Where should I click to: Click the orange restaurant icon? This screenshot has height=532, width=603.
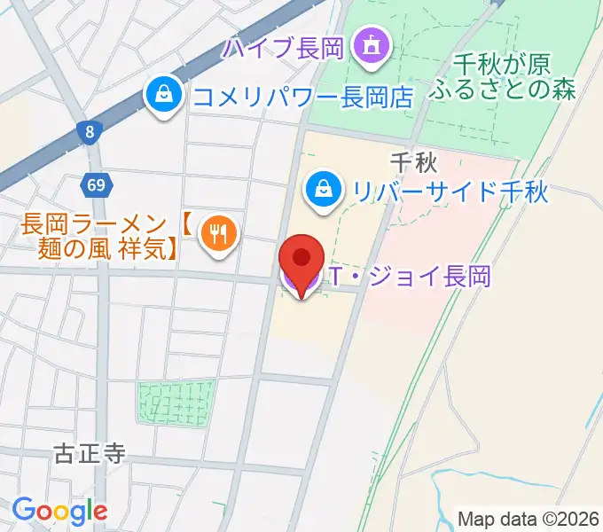[217, 233]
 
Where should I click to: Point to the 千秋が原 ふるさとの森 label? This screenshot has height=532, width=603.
[503, 76]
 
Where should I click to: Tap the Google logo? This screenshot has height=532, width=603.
[59, 511]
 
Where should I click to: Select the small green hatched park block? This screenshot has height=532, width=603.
[176, 403]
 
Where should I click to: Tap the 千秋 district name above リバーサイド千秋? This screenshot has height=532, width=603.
[411, 161]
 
